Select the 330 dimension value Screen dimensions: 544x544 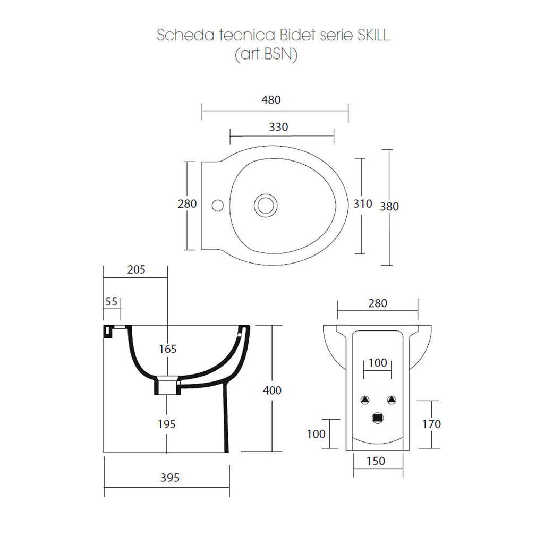tap(278, 127)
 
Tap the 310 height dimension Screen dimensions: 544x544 tap(362, 204)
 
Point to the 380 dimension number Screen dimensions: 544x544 tap(389, 207)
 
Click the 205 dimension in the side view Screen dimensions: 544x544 tap(136, 269)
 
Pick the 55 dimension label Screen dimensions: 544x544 tap(112, 301)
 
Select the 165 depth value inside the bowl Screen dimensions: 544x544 tap(167, 349)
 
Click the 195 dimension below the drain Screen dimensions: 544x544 tap(167, 424)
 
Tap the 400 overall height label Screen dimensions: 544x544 tap(273, 390)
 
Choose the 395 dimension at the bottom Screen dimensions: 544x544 tap(170, 478)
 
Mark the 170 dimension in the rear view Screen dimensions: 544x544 tap(431, 424)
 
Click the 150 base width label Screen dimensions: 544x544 tap(376, 461)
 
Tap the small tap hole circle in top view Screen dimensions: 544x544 tap(217, 205)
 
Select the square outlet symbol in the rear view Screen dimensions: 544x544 tap(378, 418)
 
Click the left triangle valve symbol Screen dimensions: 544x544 tap(364, 400)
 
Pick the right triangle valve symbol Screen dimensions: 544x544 tap(392, 400)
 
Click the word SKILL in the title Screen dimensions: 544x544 tap(370, 35)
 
